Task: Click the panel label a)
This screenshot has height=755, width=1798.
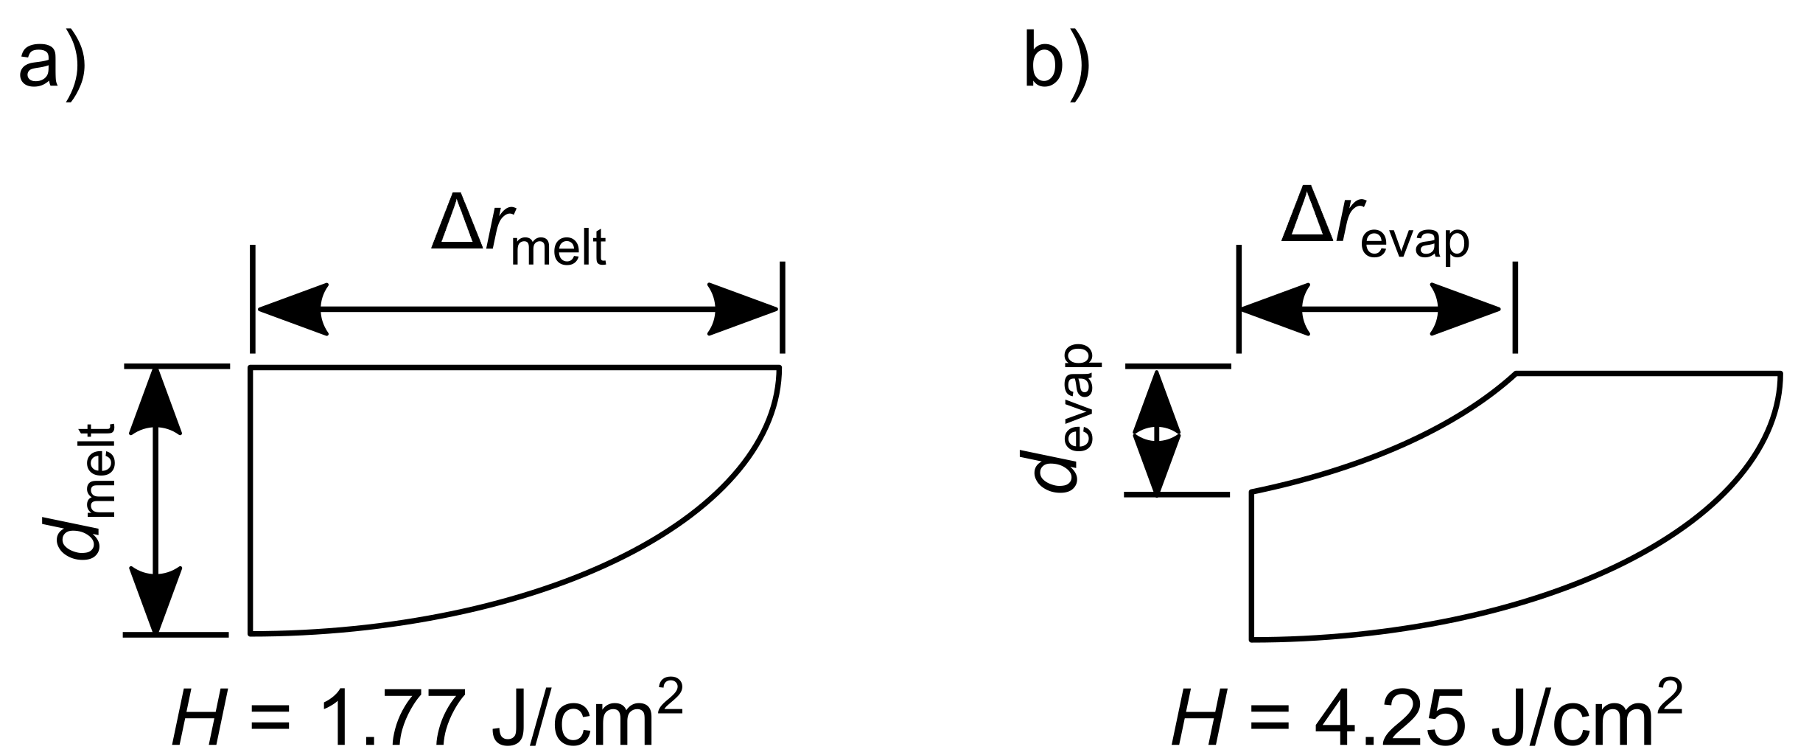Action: (x=52, y=65)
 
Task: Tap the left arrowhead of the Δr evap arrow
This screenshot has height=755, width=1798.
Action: (x=1274, y=309)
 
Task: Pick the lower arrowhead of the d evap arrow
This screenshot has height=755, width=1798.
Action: (x=1156, y=463)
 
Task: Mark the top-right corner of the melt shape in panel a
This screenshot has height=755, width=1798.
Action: (x=780, y=367)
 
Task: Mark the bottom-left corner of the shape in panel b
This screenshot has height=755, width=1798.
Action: (x=1252, y=639)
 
